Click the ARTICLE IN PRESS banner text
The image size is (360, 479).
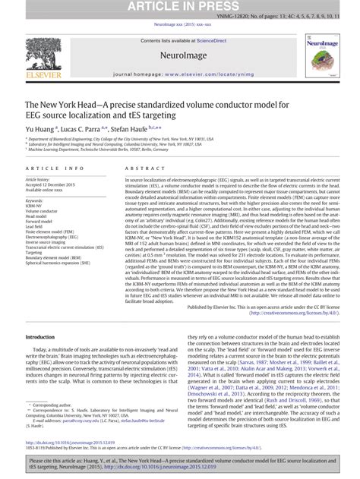coord(180,6)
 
